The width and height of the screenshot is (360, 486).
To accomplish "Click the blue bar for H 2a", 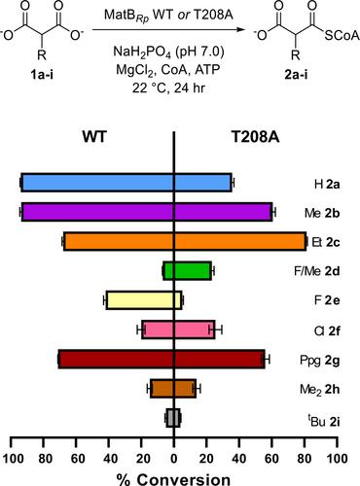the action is tap(126, 183).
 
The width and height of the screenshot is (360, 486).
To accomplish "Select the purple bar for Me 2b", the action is tap(147, 212).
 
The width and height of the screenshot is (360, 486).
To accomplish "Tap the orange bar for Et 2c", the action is tap(185, 241).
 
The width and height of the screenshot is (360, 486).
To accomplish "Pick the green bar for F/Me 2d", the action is tap(188, 271).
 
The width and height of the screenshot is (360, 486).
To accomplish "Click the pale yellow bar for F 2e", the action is tap(144, 300).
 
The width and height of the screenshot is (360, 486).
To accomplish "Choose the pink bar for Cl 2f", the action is tap(178, 330).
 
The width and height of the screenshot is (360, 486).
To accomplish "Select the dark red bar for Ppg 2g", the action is tap(162, 360).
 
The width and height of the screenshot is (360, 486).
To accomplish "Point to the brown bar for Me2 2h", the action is tap(173, 389).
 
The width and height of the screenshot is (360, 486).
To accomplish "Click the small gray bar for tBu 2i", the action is tap(173, 418).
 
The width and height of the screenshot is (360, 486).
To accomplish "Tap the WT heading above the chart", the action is tap(94, 137).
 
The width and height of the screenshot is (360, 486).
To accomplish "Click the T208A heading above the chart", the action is tap(255, 137).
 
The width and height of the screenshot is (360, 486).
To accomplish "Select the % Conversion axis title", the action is tap(174, 479).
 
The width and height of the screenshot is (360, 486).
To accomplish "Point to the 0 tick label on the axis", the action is tap(174, 459).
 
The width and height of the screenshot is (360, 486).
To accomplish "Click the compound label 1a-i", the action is tap(42, 75).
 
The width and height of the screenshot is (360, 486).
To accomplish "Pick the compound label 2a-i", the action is tap(296, 75).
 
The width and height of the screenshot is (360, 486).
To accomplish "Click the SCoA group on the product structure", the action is tap(342, 35).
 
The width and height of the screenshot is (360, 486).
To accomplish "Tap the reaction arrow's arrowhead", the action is tap(240, 29).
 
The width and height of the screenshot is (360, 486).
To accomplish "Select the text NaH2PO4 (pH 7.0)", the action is tap(168, 52).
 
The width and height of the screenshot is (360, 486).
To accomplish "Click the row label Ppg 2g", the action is tap(320, 361).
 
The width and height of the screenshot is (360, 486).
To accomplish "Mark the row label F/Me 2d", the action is tap(317, 271).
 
